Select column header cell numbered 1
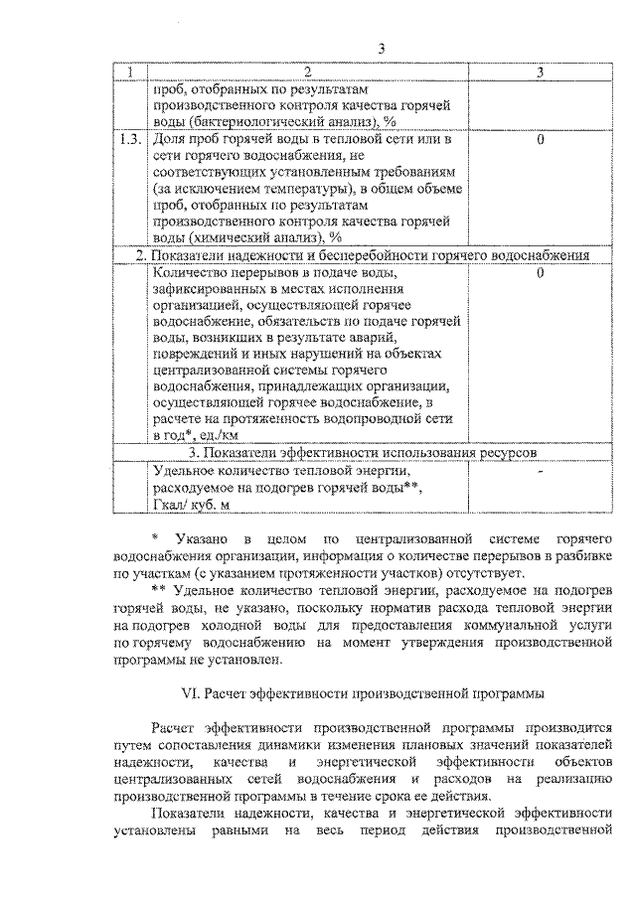tap(129, 73)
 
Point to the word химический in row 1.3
tap(225, 238)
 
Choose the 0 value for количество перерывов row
tap(539, 272)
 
